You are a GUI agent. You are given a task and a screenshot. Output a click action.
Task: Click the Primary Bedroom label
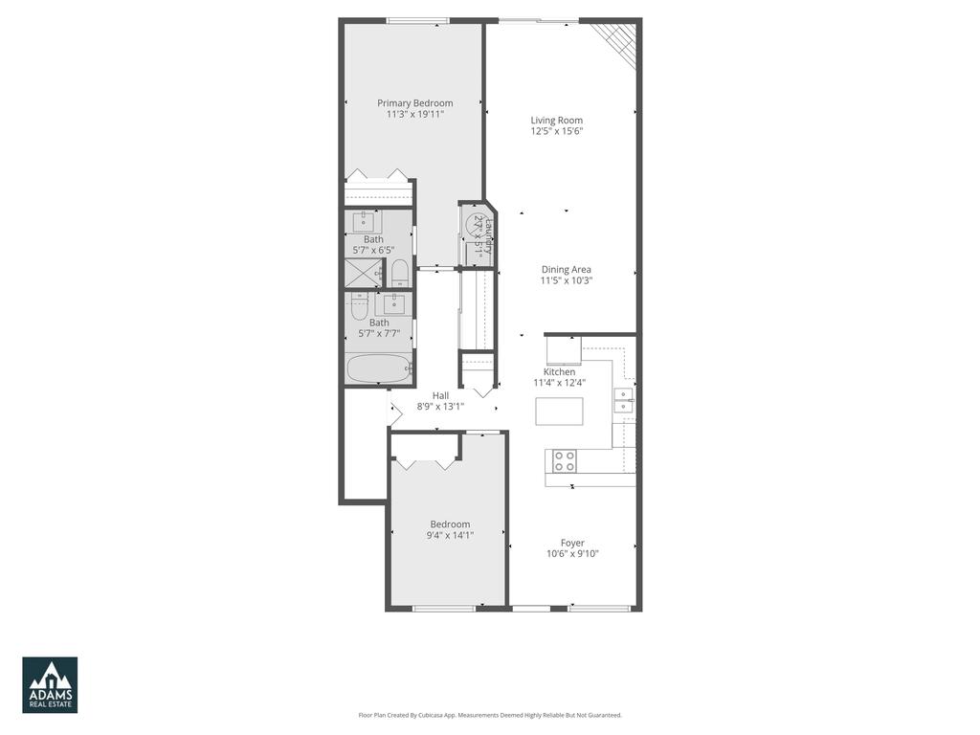coord(414,103)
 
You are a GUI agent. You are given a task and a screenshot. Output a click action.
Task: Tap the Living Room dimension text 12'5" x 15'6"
coord(557,132)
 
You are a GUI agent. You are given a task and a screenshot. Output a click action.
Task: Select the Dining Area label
coord(566,270)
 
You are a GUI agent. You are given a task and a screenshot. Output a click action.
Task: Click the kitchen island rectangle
coord(559,411)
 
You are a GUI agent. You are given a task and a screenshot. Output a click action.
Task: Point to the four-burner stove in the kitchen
coord(565,461)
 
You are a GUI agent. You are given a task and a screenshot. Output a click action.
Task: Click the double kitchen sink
coord(623,400)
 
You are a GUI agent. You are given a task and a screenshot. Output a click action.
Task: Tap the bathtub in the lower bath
coord(379,369)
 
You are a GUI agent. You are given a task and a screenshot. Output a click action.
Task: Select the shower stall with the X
coord(363,273)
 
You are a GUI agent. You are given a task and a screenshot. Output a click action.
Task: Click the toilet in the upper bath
coord(400,273)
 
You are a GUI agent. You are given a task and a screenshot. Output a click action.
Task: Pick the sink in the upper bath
coord(366,222)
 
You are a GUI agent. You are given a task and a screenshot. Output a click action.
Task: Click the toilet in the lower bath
coord(360,307)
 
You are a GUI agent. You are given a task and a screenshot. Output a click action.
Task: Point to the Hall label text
coord(440,395)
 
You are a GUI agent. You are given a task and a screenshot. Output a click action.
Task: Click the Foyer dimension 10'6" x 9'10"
coord(572,554)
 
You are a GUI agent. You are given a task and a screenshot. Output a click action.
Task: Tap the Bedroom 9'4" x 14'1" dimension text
coord(450,535)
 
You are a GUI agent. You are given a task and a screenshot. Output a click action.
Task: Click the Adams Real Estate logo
coord(50,684)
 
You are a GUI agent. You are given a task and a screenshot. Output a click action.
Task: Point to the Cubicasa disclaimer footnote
coord(490,715)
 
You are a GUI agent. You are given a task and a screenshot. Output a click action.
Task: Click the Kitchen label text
coord(560,372)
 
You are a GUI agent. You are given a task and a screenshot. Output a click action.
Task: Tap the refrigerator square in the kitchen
coord(563,350)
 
